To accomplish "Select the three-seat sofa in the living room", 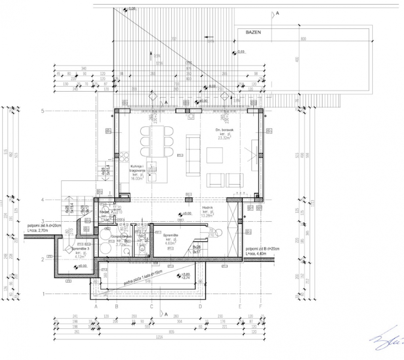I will pyautogui.click(x=193, y=155).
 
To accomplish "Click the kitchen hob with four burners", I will pyautogui.click(x=123, y=157).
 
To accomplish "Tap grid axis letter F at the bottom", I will pyautogui.click(x=260, y=307).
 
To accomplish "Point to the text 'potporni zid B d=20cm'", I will pyautogui.click(x=263, y=249).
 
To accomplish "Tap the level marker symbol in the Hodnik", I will pyautogui.click(x=180, y=214).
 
